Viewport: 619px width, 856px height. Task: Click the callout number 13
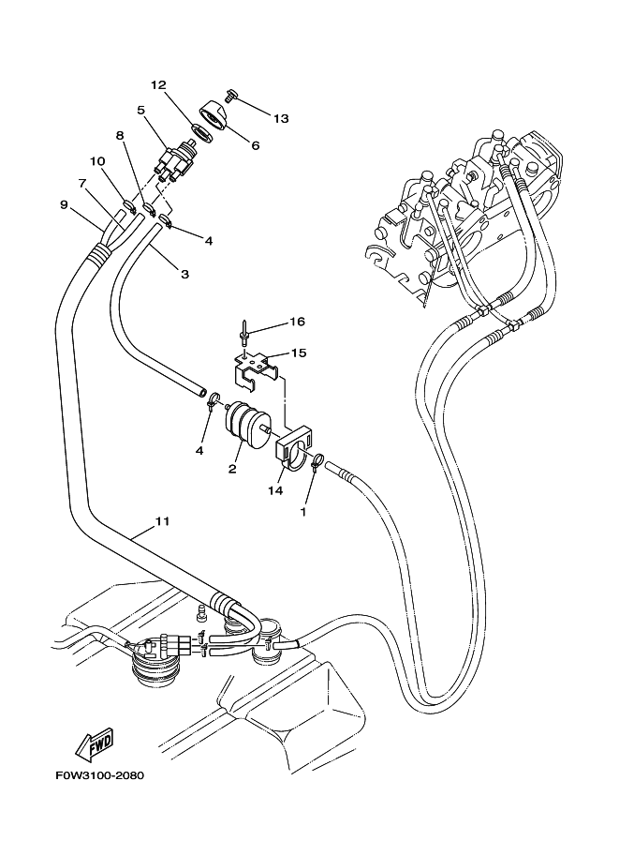coord(281,118)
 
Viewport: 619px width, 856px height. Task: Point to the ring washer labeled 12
coord(201,133)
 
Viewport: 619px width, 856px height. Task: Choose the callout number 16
coord(297,322)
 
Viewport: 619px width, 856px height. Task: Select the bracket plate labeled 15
coord(255,370)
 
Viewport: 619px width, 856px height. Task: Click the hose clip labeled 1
coord(317,462)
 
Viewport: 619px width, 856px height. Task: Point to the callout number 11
coord(162,521)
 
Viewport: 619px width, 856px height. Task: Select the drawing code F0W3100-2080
coord(99,775)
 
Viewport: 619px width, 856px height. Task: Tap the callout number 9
coord(64,204)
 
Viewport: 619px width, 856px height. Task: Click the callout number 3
coord(184,274)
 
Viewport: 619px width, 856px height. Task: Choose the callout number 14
coord(275,490)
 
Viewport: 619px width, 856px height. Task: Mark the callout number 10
coord(98,161)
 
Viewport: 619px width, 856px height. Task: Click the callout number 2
coord(232,469)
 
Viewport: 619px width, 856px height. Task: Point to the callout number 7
coord(82,183)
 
